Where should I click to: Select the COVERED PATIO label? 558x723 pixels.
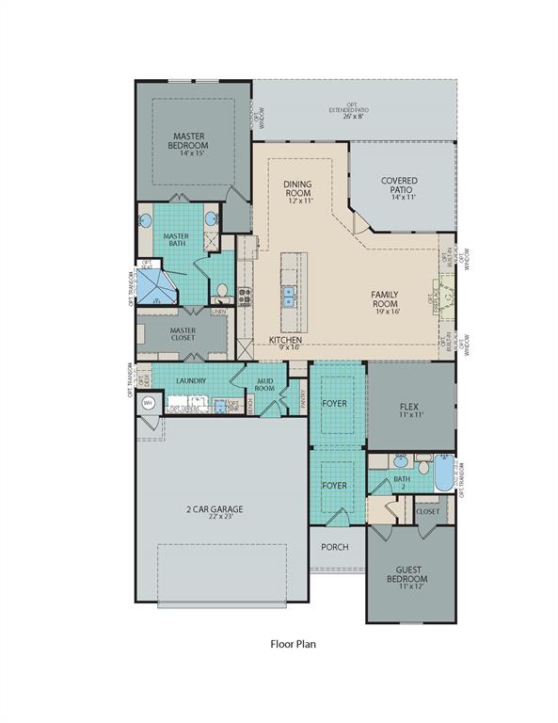(399, 185)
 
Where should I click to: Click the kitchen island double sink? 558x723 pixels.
(288, 298)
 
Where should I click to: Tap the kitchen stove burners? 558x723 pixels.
(244, 297)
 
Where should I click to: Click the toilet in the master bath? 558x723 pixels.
(221, 290)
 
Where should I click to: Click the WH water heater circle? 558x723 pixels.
(148, 403)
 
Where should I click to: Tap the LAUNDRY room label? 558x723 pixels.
(190, 381)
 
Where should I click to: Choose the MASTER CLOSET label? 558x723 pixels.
(183, 334)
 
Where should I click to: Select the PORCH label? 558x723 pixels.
(334, 547)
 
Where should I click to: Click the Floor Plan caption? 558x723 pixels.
(292, 645)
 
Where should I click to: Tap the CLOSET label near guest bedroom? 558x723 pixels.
(427, 511)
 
